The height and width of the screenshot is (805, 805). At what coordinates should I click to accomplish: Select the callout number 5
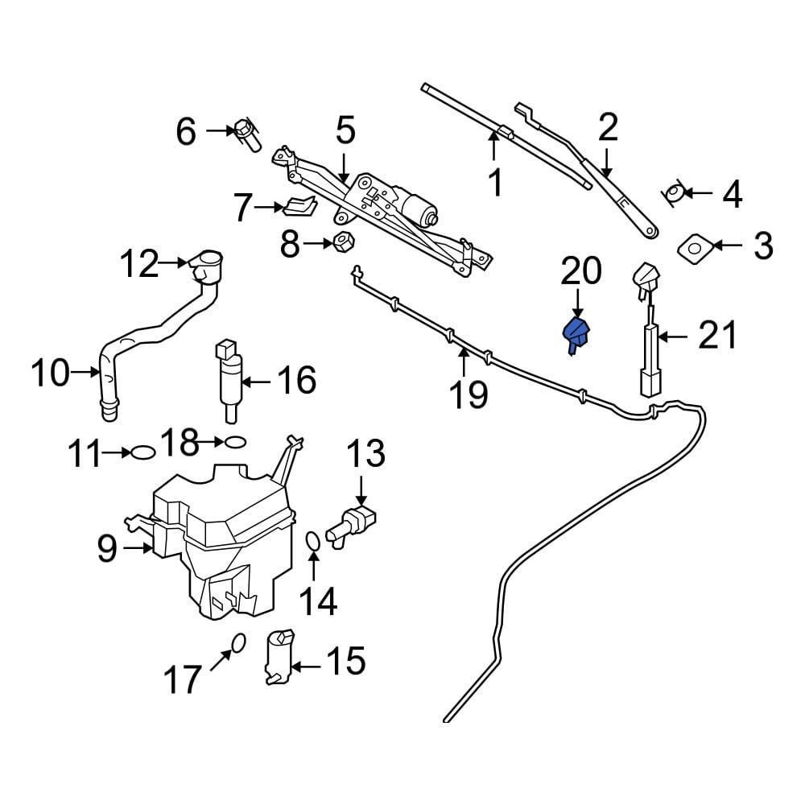pyautogui.click(x=345, y=130)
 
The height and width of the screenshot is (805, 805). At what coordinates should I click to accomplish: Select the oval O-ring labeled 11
pyautogui.click(x=142, y=452)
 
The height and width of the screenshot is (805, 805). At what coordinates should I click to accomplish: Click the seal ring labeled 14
pyautogui.click(x=314, y=545)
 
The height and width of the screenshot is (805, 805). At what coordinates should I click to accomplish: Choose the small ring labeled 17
pyautogui.click(x=237, y=642)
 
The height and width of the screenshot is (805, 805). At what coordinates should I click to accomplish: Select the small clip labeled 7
pyautogui.click(x=298, y=207)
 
